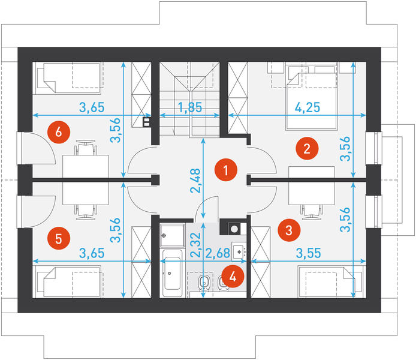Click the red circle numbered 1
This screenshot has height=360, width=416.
226,170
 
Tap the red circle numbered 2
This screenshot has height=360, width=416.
307,148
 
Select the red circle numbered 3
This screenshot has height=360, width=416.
289,230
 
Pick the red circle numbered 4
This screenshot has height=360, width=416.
233,277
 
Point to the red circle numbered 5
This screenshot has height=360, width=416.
59,238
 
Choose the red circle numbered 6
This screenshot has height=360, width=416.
59,132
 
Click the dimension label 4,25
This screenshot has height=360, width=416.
308,107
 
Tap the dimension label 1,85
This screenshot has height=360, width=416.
190,107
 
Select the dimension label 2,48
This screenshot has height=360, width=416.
196,181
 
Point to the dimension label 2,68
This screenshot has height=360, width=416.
218,253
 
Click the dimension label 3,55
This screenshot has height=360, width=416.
308,253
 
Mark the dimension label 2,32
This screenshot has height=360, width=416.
196,245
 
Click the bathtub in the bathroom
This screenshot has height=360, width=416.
172,273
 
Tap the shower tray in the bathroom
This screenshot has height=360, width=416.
172,235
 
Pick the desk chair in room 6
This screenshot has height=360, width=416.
86,148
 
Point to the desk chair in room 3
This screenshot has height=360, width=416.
312,212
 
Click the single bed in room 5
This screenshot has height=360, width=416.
68,281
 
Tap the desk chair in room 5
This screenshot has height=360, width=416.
86,212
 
